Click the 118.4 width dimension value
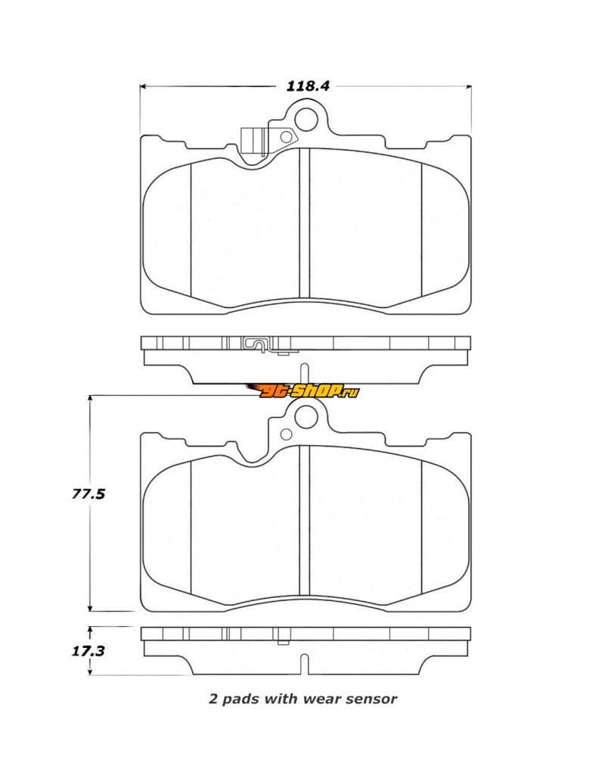(308, 86)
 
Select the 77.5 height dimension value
(88, 494)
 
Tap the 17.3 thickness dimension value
(88, 651)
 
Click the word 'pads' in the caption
(240, 699)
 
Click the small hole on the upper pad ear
(286, 137)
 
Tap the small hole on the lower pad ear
(286, 434)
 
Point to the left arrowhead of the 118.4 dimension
(143, 87)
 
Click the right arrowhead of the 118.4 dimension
(468, 87)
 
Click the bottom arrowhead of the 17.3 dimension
(90, 671)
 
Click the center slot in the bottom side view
(304, 664)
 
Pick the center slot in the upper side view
(304, 373)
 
